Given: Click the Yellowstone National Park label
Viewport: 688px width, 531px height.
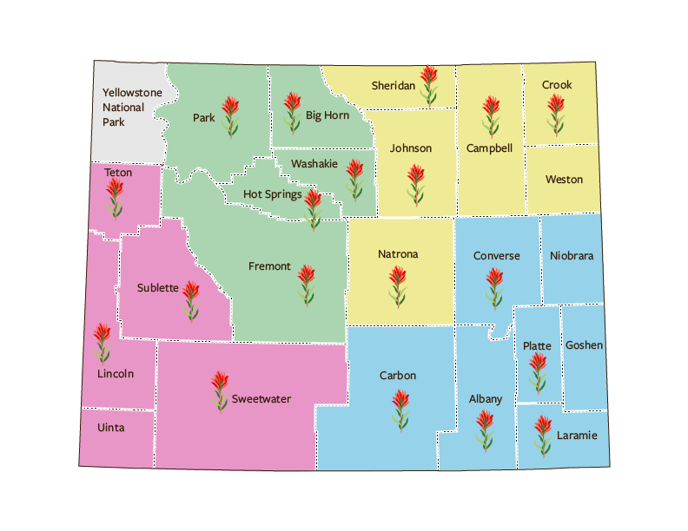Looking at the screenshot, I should [x=126, y=107].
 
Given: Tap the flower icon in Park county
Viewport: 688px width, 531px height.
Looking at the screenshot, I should [x=229, y=116].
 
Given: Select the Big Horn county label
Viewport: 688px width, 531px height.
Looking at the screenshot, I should [x=327, y=115].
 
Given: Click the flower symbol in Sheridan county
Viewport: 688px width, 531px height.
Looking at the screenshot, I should [x=427, y=86].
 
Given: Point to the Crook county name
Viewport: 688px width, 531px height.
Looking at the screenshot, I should [x=557, y=85].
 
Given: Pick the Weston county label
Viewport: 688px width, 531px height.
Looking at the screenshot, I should [x=564, y=180].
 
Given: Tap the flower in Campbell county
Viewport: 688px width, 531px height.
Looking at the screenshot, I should [x=491, y=116].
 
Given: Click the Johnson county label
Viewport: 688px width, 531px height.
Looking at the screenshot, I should [x=411, y=148].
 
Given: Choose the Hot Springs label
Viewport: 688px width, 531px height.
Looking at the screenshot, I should [x=273, y=194].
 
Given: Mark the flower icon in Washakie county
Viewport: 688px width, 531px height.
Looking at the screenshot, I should [x=354, y=179].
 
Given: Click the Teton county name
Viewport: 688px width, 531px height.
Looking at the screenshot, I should [x=118, y=173].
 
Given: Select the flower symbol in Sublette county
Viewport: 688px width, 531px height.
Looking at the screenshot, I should [x=190, y=300].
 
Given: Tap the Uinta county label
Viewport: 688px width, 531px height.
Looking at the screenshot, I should [x=111, y=428].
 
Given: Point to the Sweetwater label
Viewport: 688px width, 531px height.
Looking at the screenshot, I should [x=261, y=399].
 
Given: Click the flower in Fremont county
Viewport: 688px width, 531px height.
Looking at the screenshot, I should [x=306, y=285].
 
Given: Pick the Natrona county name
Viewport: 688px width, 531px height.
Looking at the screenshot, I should [x=398, y=254].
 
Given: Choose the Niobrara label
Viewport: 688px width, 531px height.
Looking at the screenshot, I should [x=572, y=256].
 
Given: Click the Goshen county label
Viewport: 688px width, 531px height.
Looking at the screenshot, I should [x=584, y=345].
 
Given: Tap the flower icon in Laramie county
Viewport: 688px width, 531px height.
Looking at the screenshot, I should [x=542, y=436].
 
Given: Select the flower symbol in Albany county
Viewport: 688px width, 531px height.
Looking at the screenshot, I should [x=485, y=430].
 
